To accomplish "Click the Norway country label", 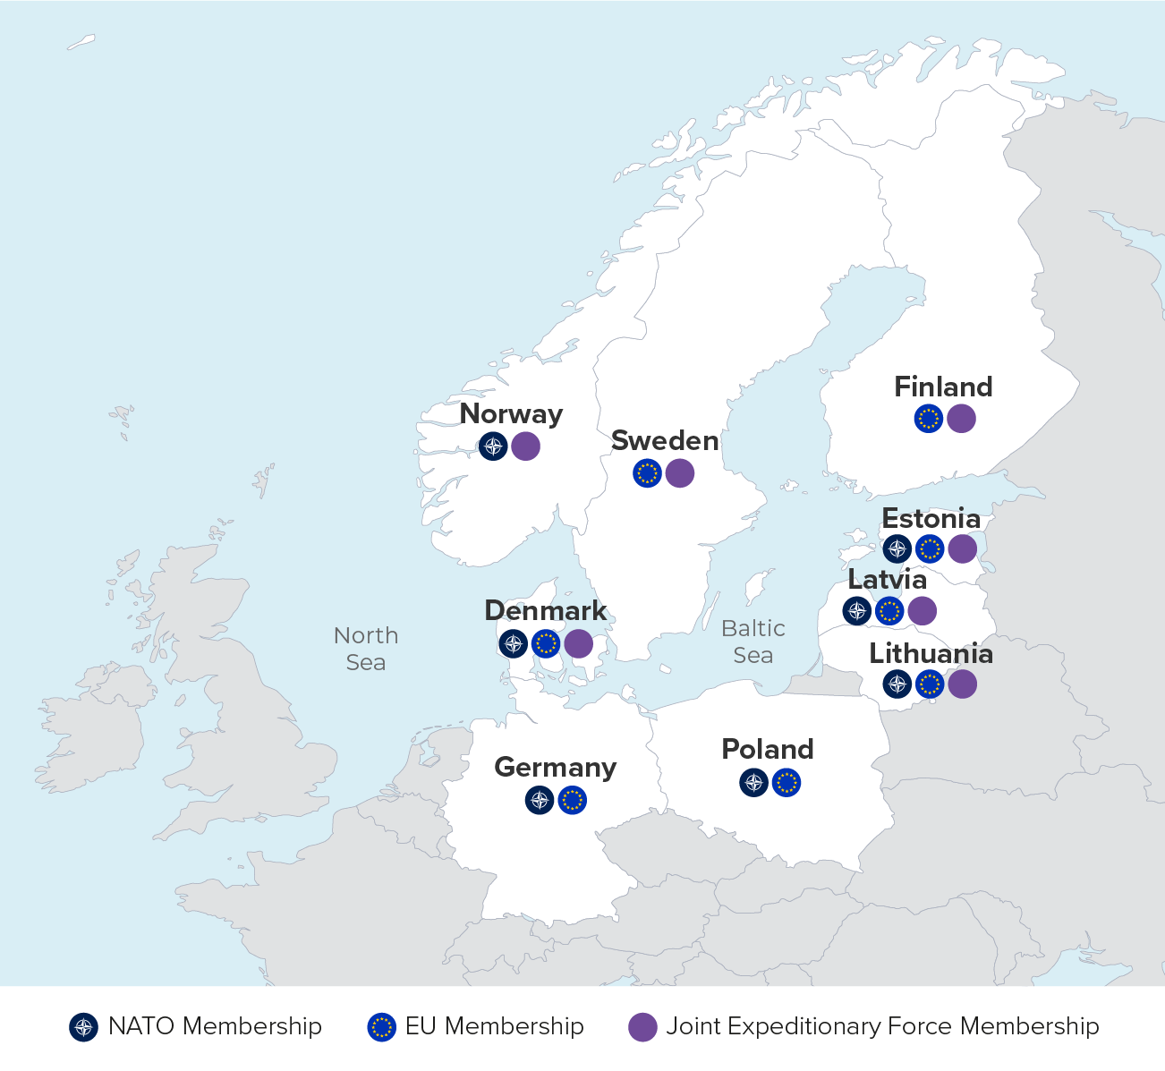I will tap(511, 414).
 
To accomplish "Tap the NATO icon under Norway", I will tap(493, 446).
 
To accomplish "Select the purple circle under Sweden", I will tap(680, 472).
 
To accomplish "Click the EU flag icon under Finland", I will tap(929, 418).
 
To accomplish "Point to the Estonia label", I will tap(931, 519).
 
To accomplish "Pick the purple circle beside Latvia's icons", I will tap(922, 611).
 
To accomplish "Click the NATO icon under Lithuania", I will tap(897, 684).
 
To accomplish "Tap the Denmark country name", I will tap(545, 611).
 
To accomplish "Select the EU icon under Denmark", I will tap(546, 643).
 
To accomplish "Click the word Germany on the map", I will tap(555, 768).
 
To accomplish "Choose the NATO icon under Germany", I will tap(540, 799).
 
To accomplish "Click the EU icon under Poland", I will tap(787, 783).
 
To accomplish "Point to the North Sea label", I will tap(366, 649).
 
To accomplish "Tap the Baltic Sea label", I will tap(753, 642).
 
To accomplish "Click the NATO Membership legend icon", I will tap(83, 1026).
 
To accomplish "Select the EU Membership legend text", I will tap(494, 1026).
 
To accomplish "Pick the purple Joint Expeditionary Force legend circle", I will tap(642, 1026).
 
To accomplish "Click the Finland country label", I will tap(943, 387).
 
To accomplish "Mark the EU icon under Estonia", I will tap(930, 548).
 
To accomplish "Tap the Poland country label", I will tap(768, 750).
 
